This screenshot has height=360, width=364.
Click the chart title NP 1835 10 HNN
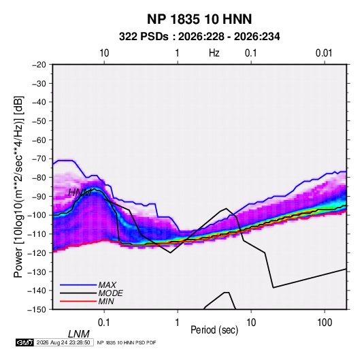199,19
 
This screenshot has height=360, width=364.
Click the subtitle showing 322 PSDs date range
199,37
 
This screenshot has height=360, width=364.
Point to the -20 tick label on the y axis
39,65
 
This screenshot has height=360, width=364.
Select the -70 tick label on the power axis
39,159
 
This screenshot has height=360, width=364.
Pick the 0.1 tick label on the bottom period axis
104,323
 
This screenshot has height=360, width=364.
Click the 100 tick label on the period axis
325,323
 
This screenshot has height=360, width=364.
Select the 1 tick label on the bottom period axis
178,323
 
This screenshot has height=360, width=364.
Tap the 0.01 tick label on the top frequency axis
324,53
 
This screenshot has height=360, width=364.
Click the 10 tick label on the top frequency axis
104,53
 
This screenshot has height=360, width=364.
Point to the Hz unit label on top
214,53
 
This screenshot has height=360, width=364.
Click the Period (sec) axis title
214,330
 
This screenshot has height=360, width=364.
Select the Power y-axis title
18,186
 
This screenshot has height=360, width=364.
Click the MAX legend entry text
107,285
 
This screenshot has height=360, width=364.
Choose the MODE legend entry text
110,293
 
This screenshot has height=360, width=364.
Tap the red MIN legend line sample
78,301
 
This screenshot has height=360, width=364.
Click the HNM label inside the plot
80,193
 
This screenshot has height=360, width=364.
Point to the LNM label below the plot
79,334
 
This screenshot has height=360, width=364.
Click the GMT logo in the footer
25,342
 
